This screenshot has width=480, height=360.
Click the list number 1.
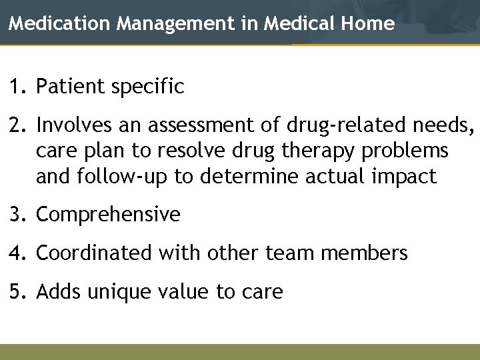(x=15, y=87)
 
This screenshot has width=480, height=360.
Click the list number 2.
(x=15, y=125)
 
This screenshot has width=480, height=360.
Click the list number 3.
(x=15, y=215)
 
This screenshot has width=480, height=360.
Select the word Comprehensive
(x=108, y=215)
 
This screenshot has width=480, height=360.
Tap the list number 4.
(x=15, y=253)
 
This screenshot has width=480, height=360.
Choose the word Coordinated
(x=94, y=253)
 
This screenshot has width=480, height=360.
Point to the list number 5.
(x=15, y=292)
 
